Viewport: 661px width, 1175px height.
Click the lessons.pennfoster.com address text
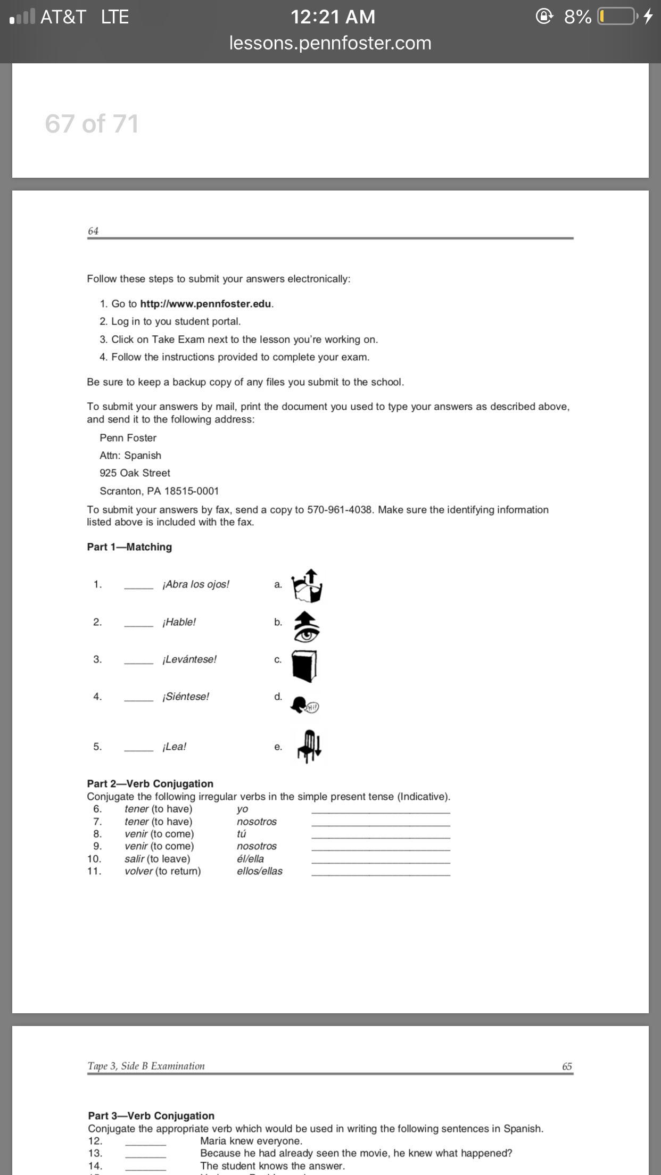pyautogui.click(x=330, y=43)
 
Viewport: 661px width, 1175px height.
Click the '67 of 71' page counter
pyautogui.click(x=92, y=124)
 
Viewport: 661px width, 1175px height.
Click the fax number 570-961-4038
pyautogui.click(x=340, y=510)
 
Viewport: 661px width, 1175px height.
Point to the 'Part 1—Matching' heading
pyautogui.click(x=129, y=547)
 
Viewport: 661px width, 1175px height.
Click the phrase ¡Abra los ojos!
pyautogui.click(x=196, y=584)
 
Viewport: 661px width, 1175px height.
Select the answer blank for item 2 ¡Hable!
pyautogui.click(x=139, y=624)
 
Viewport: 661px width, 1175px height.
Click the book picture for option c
pyautogui.click(x=304, y=666)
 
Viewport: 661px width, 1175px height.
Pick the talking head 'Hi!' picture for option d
pyautogui.click(x=304, y=705)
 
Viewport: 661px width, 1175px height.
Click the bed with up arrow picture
pyautogui.click(x=307, y=585)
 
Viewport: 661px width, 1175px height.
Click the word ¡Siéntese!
pyautogui.click(x=186, y=697)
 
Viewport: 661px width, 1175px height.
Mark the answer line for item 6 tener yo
pyautogui.click(x=381, y=810)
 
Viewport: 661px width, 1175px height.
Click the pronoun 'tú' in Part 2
pyautogui.click(x=242, y=834)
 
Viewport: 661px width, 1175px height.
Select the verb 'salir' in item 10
pyautogui.click(x=135, y=859)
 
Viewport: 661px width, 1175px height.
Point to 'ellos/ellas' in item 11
pyautogui.click(x=260, y=871)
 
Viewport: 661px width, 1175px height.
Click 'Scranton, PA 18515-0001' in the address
pyautogui.click(x=159, y=491)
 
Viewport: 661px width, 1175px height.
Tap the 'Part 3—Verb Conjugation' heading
pyautogui.click(x=151, y=1116)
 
